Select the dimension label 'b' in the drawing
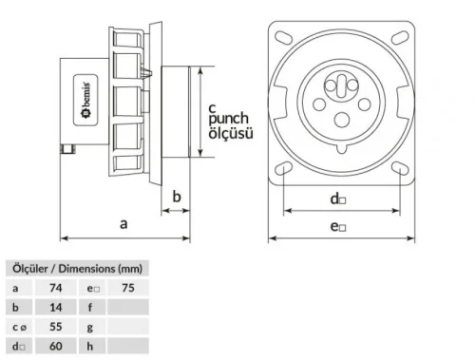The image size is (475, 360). [176, 197]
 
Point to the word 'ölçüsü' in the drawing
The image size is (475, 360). [231, 134]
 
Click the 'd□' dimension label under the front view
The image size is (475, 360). [337, 199]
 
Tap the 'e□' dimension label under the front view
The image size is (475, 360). [337, 225]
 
